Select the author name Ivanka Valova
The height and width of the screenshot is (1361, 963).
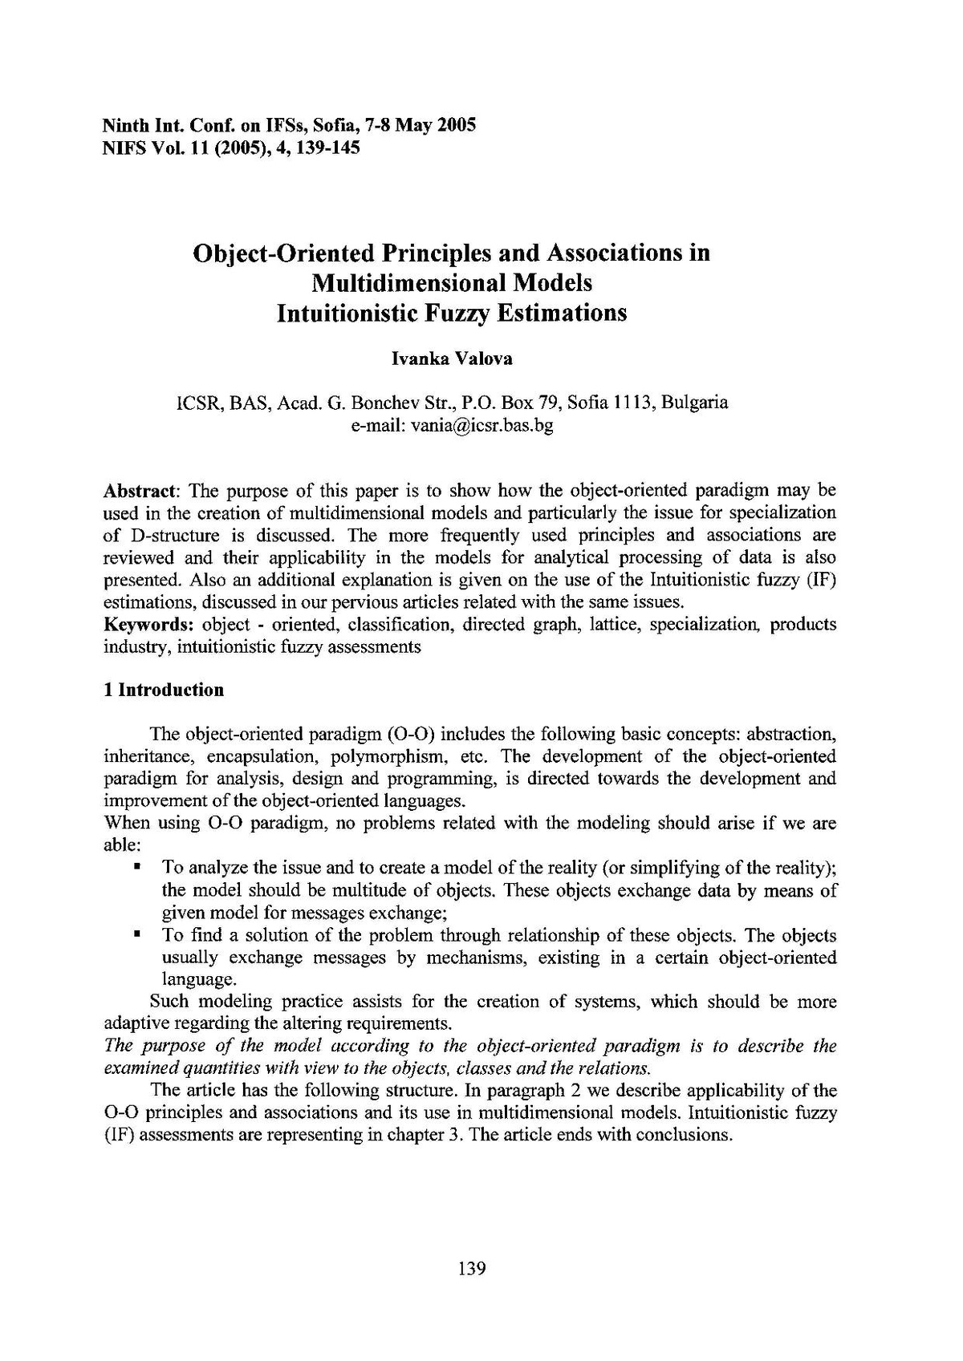[452, 358]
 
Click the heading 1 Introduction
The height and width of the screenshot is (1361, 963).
[164, 690]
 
